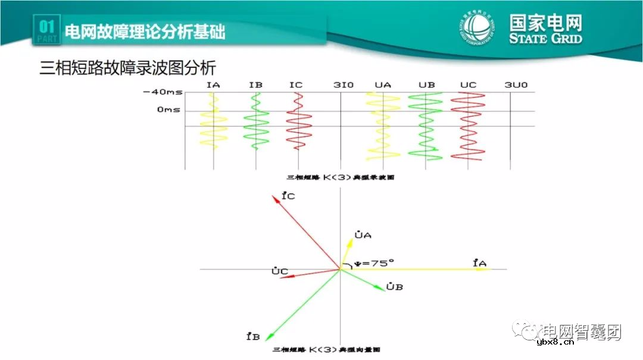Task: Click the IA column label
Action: click(213, 85)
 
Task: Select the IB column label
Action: click(256, 85)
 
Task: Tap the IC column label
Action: click(296, 85)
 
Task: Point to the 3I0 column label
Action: click(344, 85)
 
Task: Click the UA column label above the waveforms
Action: click(383, 85)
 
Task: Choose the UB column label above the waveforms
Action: click(426, 85)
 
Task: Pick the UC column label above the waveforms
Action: click(469, 85)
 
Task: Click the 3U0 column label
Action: click(516, 85)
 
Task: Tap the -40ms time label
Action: click(163, 93)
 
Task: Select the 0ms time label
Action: click(168, 110)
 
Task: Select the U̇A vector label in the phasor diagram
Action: click(363, 235)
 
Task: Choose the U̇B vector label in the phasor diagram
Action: click(395, 287)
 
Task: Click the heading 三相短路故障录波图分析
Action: click(127, 67)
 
